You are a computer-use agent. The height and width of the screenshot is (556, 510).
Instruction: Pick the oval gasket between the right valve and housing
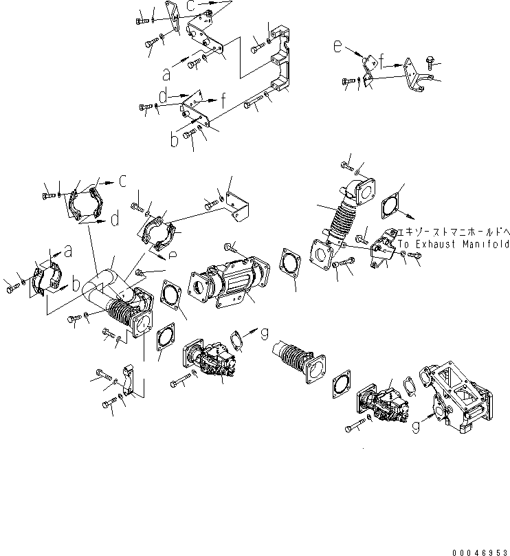pos(410,386)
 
